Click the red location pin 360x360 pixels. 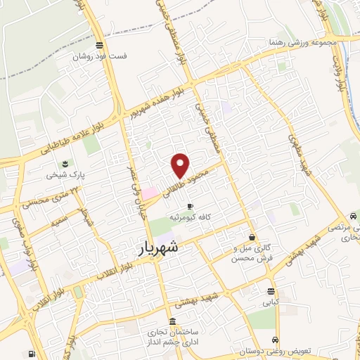coord(181,165)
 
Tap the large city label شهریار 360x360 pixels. coord(156,248)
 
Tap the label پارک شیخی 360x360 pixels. coord(61,174)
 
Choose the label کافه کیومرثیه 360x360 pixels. coord(190,217)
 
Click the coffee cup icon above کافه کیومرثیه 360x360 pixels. coord(190,206)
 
